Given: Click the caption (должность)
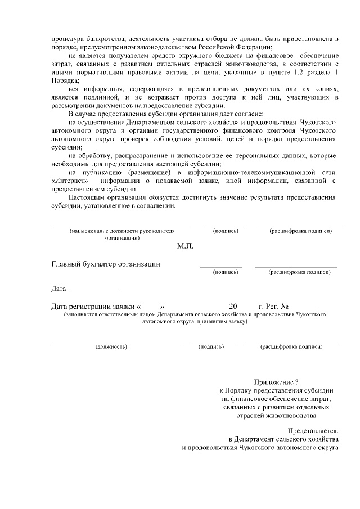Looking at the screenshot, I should (x=111, y=347).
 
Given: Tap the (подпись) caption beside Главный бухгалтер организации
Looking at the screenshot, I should (x=225, y=272).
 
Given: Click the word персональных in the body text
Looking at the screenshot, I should (x=263, y=155).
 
